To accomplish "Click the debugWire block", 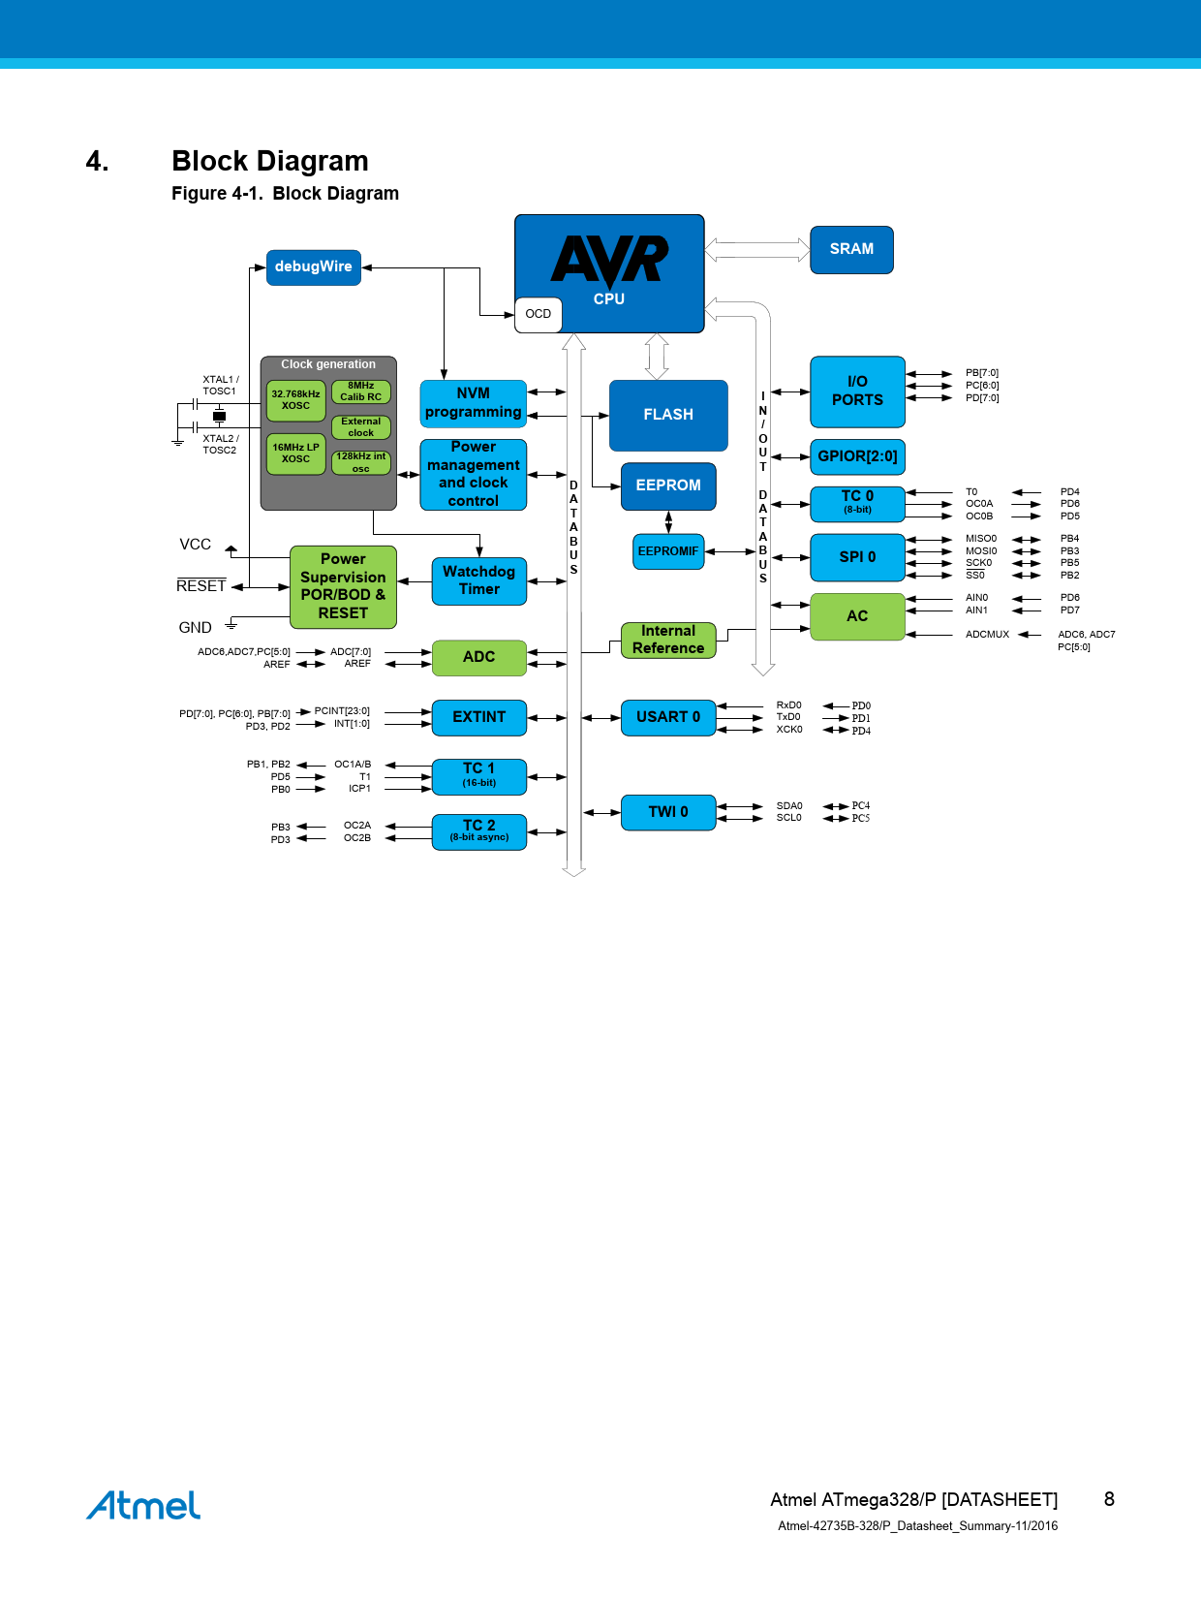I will coord(313,266).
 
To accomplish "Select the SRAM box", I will coord(851,249).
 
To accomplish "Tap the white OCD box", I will coord(538,314).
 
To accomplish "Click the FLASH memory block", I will coord(668,415).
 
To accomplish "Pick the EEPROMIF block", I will coord(668,551).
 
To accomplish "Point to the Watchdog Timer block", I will coord(478,580).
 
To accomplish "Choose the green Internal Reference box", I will coord(668,640).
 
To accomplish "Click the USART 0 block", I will coord(668,717).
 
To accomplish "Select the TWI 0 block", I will coord(668,812).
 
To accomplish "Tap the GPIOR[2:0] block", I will coord(857,456).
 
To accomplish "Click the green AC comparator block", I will coord(857,616).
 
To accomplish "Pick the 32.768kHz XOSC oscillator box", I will coord(295,400).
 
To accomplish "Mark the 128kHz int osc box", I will coord(360,462).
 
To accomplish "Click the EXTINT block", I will coord(478,717).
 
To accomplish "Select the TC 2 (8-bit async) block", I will coord(478,830).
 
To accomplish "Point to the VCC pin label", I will coord(195,545).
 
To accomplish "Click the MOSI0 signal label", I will coord(980,550).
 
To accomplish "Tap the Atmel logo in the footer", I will coord(143,1505).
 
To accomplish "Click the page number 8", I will coord(1109,1499).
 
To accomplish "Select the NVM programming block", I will coord(473,403).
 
